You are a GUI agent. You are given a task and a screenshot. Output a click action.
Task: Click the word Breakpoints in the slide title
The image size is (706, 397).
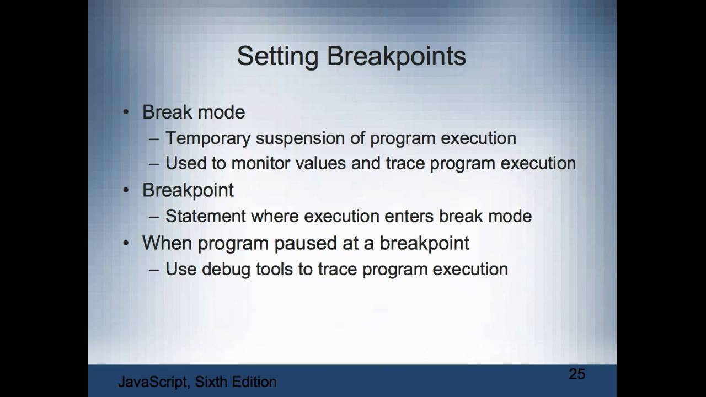397,57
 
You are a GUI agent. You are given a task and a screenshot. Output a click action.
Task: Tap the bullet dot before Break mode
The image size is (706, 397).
126,112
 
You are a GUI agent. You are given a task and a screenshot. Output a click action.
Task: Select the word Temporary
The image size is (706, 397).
208,138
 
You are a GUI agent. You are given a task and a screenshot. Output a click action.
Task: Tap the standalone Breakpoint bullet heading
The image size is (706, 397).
188,190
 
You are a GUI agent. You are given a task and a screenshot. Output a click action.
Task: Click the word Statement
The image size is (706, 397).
205,216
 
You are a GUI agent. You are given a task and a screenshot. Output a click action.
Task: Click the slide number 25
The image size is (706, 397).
576,374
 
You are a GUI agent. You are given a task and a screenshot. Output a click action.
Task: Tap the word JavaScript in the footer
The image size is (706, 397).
153,382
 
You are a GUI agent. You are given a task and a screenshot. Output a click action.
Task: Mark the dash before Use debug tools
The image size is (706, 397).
154,270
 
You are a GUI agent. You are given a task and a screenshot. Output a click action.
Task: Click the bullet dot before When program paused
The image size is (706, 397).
126,243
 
